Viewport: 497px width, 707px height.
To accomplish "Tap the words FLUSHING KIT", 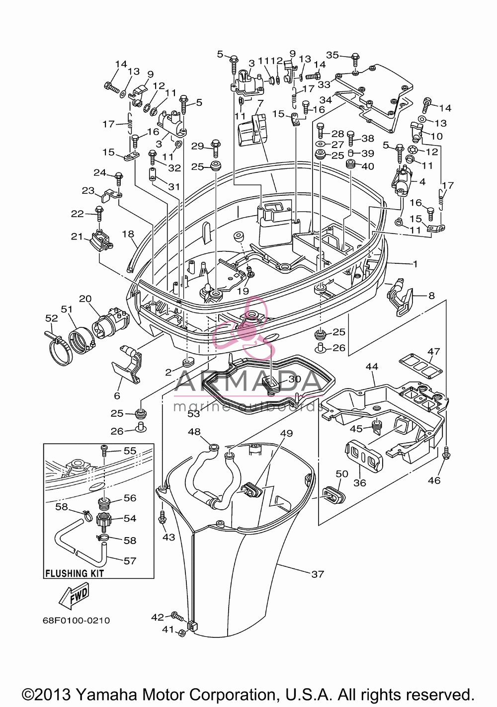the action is tap(75, 573).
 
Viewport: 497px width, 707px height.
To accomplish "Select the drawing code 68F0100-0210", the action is tap(77, 621).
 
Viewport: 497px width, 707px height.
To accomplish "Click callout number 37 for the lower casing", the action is tap(318, 574).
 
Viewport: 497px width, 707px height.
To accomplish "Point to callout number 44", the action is tap(372, 367).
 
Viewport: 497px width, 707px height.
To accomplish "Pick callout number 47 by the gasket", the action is tap(433, 351).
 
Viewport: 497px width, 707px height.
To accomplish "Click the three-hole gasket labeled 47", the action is tap(420, 367).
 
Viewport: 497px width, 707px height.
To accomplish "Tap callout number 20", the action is tap(85, 299).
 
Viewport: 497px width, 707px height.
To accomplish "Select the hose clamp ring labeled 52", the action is tap(59, 349).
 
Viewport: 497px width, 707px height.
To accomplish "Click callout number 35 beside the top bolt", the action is tap(332, 55).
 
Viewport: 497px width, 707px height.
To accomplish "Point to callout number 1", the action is tap(415, 264).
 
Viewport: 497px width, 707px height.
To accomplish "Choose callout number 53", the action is tap(194, 413).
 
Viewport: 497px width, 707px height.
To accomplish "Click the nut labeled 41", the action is tap(182, 632).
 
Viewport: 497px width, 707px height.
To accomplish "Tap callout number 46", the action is tap(434, 480).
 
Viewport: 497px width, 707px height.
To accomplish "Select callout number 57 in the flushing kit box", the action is tap(130, 561).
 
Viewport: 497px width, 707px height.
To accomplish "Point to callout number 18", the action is tap(128, 234).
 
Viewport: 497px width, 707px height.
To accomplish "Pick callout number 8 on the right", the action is tap(431, 296).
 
